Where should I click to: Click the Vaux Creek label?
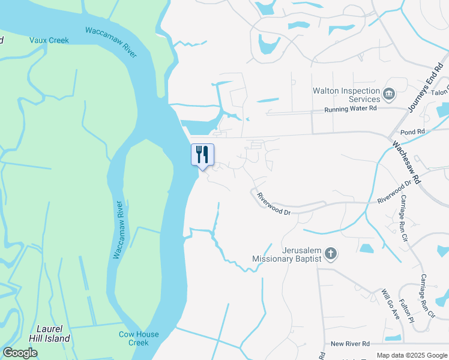49,40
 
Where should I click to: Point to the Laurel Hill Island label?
53,334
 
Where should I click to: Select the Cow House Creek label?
139,338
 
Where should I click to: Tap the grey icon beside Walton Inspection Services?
389,94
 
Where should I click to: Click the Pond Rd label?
412,131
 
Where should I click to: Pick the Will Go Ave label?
390,304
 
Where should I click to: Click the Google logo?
20,353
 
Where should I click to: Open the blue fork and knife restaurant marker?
202,154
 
